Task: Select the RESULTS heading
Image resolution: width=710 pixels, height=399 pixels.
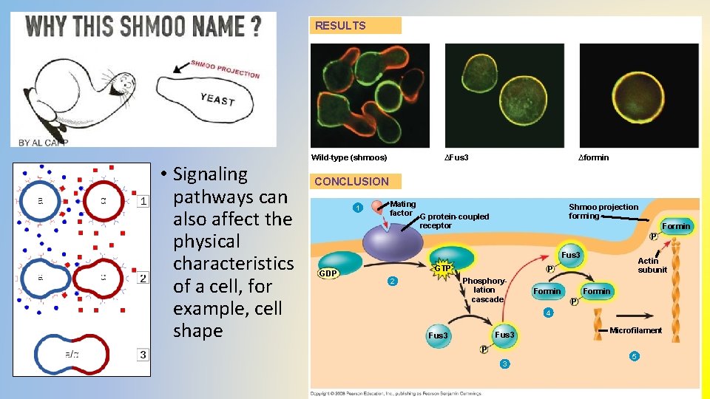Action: coord(340,26)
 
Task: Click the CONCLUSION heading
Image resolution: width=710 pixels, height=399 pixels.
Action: coord(351,181)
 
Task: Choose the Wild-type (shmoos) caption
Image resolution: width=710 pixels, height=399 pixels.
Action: coord(349,157)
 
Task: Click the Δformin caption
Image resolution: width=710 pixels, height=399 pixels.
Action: coord(593,157)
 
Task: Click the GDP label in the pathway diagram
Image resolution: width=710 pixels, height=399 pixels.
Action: coord(328,273)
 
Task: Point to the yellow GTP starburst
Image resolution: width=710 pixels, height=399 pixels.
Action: coord(443,267)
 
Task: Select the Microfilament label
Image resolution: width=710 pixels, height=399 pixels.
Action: coord(635,330)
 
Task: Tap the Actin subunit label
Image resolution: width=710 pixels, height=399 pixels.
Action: coord(652,265)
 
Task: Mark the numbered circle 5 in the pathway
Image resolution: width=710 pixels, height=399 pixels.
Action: coord(634,357)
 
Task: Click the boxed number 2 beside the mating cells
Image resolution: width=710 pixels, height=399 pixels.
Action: coord(143,278)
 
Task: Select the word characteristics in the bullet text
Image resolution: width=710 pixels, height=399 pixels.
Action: coord(233,264)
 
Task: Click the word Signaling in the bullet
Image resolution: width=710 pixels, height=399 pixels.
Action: coord(210,174)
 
